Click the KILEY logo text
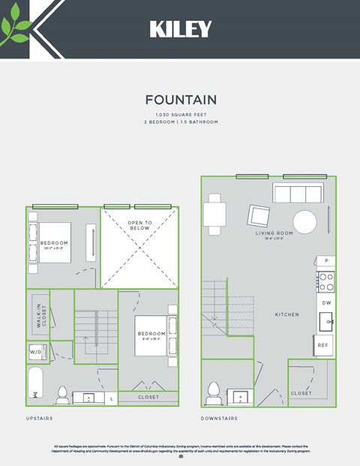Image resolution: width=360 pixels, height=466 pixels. pyautogui.click(x=180, y=29)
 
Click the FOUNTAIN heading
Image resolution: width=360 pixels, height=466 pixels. pyautogui.click(x=181, y=100)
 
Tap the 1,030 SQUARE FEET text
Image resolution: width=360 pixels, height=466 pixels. pyautogui.click(x=181, y=114)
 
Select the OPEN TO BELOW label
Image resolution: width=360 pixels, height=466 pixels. pyautogui.click(x=139, y=225)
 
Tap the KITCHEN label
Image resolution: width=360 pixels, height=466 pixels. pyautogui.click(x=286, y=314)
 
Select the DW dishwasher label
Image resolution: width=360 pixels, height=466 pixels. pyautogui.click(x=326, y=302)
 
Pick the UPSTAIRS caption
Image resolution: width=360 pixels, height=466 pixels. pyautogui.click(x=40, y=417)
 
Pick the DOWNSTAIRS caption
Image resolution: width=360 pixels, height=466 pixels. pyautogui.click(x=219, y=417)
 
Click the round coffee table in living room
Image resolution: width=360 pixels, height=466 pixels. pyautogui.click(x=304, y=221)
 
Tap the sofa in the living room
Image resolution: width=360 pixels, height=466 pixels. pyautogui.click(x=298, y=194)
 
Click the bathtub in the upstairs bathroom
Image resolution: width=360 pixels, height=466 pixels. pyautogui.click(x=35, y=384)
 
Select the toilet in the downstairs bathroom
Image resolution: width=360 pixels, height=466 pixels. pyautogui.click(x=213, y=392)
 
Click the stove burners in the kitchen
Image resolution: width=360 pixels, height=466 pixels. pyautogui.click(x=326, y=281)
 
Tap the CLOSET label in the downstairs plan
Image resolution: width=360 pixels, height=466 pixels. pyautogui.click(x=301, y=393)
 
